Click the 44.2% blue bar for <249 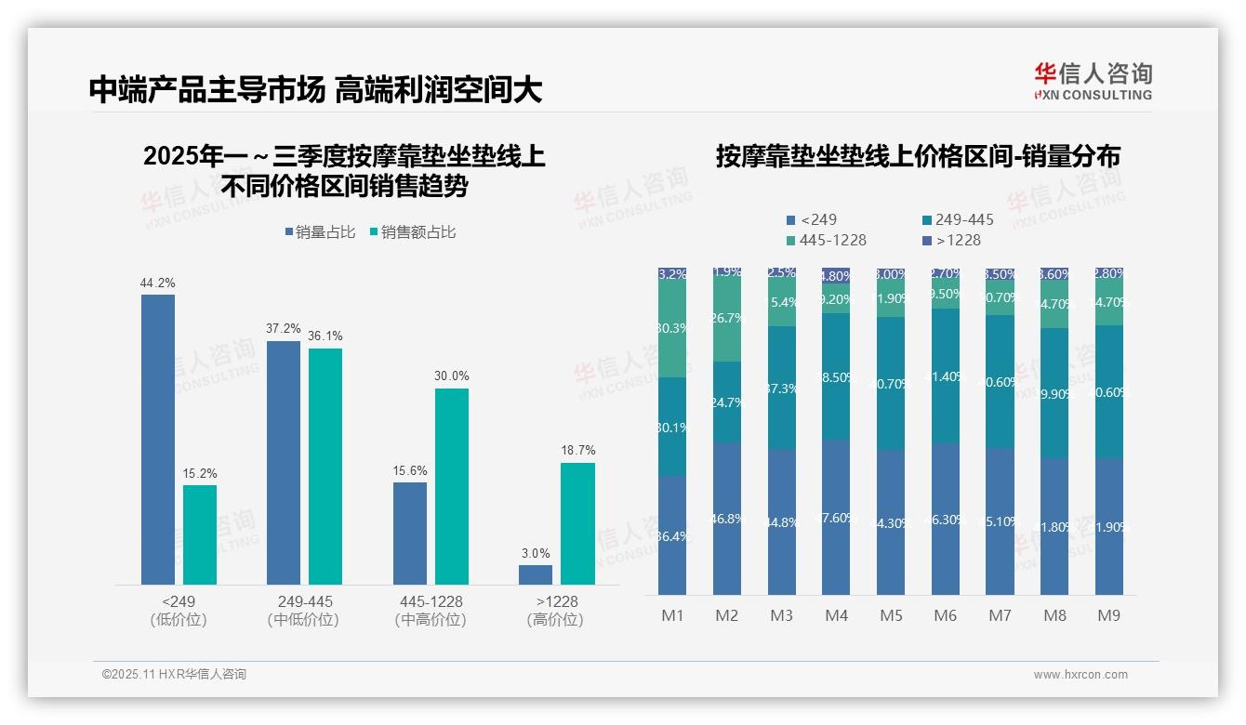click(158, 439)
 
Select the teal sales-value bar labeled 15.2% click(200, 534)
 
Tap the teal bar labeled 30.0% click(452, 486)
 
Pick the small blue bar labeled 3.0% click(536, 574)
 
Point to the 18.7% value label click(577, 451)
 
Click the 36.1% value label click(325, 336)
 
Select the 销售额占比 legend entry click(413, 232)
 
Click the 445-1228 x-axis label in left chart click(430, 602)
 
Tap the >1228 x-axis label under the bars click(555, 602)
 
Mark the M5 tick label click(892, 615)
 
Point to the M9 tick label click(1109, 615)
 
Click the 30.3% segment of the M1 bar click(672, 329)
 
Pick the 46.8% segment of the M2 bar click(727, 519)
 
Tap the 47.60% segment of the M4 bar click(836, 517)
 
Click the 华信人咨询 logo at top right click(1093, 81)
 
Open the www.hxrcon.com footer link click(1080, 675)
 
